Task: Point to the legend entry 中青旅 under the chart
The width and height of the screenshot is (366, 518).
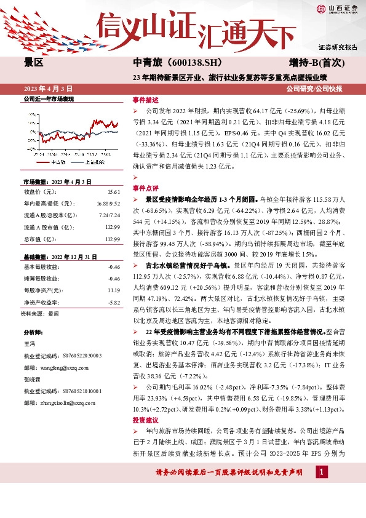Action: click(58, 161)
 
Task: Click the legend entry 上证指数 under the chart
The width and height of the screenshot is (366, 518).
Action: click(92, 161)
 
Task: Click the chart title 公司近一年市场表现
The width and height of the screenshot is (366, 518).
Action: click(49, 98)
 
